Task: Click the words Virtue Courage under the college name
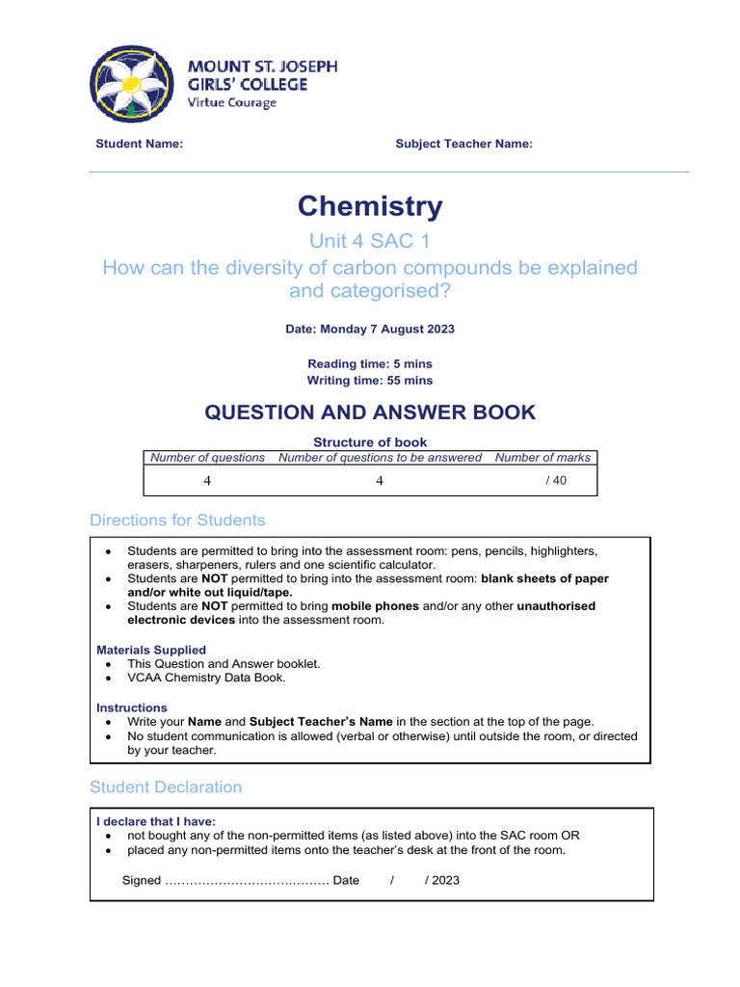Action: point(231,103)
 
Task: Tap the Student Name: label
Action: point(139,144)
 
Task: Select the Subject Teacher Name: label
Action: point(463,144)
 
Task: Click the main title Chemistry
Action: point(370,206)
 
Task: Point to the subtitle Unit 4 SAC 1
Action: point(370,241)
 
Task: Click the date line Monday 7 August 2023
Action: point(370,329)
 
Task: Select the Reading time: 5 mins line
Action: point(370,363)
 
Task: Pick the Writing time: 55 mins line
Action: point(370,381)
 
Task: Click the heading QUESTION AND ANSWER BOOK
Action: point(370,413)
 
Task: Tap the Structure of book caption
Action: point(370,442)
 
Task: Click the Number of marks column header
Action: point(543,458)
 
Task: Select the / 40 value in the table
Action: point(556,481)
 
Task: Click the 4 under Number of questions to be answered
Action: point(380,481)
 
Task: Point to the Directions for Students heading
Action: point(177,520)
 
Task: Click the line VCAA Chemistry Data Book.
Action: point(206,678)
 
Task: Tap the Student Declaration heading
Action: point(166,787)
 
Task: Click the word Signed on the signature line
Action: point(142,880)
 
